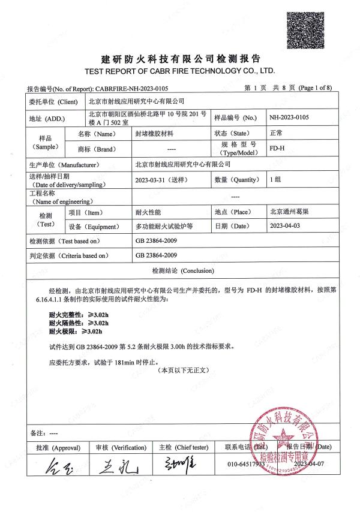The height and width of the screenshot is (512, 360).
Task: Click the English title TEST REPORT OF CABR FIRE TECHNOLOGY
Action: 181,70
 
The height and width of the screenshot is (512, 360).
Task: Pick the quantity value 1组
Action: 276,179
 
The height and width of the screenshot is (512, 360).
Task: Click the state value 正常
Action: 276,133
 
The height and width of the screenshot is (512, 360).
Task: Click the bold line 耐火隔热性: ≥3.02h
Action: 79,323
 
